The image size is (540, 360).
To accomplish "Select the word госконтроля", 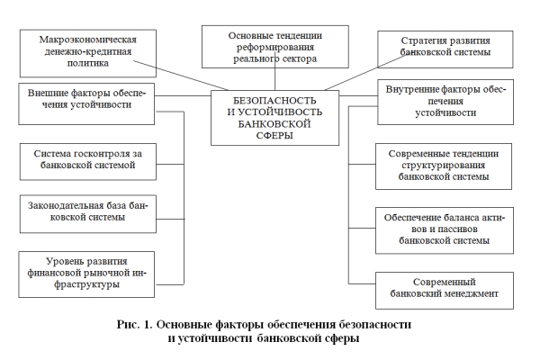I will click(x=102, y=152).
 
